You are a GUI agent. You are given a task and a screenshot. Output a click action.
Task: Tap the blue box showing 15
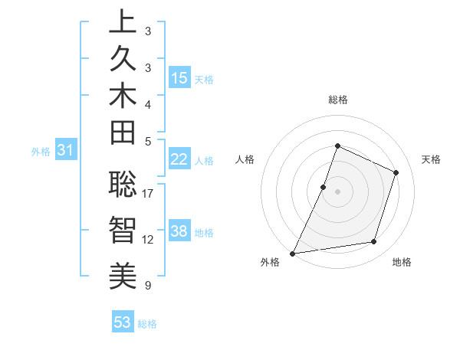point(179,77)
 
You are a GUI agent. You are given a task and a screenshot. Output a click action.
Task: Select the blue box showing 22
point(179,159)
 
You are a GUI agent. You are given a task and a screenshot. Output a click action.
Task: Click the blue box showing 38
point(179,231)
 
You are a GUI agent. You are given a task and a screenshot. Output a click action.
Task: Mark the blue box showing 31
point(66,151)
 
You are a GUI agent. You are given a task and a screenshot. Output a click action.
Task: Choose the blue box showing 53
point(122,322)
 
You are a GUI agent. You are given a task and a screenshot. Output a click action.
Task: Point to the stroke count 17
point(148,193)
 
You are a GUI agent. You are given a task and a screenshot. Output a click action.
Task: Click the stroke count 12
point(148,239)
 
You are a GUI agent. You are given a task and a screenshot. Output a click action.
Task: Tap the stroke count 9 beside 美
point(148,286)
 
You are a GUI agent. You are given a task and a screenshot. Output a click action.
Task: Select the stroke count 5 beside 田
point(148,141)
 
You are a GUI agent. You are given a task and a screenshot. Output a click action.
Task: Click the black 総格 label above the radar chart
point(338,100)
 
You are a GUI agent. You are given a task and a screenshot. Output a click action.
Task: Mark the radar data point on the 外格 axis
point(293,254)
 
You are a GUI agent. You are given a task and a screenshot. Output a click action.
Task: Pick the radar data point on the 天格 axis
point(396,172)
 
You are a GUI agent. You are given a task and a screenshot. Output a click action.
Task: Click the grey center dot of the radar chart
point(338,191)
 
